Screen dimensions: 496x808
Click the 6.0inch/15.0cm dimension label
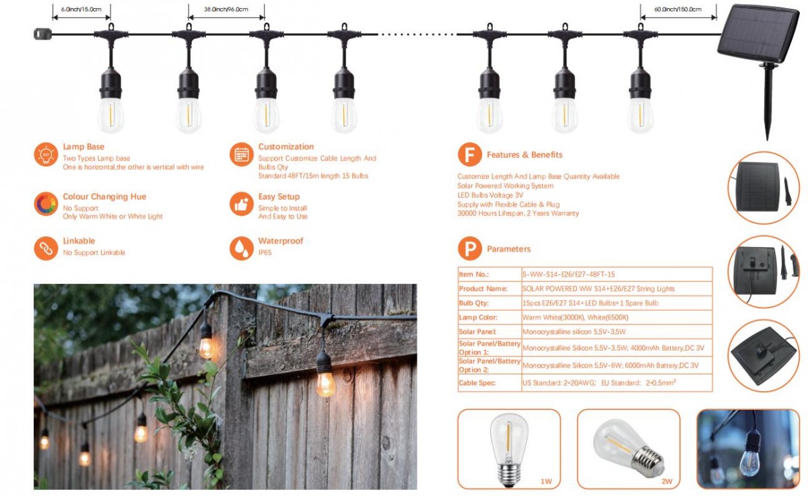coord(81,9)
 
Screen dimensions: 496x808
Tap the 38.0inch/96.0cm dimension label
coord(226,9)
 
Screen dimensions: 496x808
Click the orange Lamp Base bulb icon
coord(46,155)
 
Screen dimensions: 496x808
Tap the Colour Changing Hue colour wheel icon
coord(46,204)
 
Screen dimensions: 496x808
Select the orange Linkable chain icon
coord(46,248)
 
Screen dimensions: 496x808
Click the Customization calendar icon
coord(241,155)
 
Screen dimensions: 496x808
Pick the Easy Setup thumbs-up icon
coord(241,204)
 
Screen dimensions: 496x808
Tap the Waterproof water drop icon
coord(241,248)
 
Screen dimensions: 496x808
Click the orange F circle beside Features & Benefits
coord(469,155)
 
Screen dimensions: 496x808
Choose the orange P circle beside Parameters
coord(469,249)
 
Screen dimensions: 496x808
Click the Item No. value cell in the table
coord(568,275)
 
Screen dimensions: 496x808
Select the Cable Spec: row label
coord(477,383)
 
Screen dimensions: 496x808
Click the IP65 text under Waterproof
coord(265,252)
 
